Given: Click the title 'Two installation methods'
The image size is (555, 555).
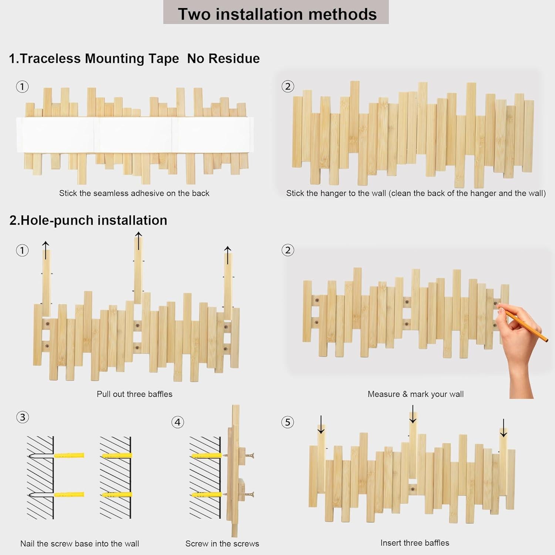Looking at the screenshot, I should [x=277, y=14].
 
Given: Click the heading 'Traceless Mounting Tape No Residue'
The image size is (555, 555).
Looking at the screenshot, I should [x=134, y=58].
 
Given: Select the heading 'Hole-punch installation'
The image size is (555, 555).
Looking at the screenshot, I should [x=88, y=220].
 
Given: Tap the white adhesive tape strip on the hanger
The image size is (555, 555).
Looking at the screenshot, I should [x=135, y=135].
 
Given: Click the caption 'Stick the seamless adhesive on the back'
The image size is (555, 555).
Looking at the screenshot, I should [x=134, y=193].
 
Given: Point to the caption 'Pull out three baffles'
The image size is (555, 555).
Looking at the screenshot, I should [x=134, y=394].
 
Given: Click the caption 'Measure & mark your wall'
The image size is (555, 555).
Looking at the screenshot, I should [x=416, y=394].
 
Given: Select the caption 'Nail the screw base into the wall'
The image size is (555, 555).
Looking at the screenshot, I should [x=80, y=544].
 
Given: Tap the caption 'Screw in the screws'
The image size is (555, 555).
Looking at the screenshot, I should [x=222, y=544].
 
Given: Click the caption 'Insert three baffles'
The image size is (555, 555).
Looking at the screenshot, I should [x=415, y=543].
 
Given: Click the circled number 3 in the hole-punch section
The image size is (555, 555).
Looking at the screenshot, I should [x=23, y=417].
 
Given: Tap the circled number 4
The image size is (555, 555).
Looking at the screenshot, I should [x=178, y=422].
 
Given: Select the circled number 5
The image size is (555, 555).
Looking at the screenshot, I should [x=287, y=422].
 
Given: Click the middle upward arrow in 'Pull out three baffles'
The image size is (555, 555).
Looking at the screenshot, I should [x=138, y=240].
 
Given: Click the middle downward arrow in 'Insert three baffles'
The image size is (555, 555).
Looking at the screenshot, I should [x=413, y=414].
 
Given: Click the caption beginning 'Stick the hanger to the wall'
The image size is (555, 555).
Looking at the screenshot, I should [x=416, y=193].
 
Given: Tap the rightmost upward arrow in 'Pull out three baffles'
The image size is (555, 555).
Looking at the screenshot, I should [x=228, y=255].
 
